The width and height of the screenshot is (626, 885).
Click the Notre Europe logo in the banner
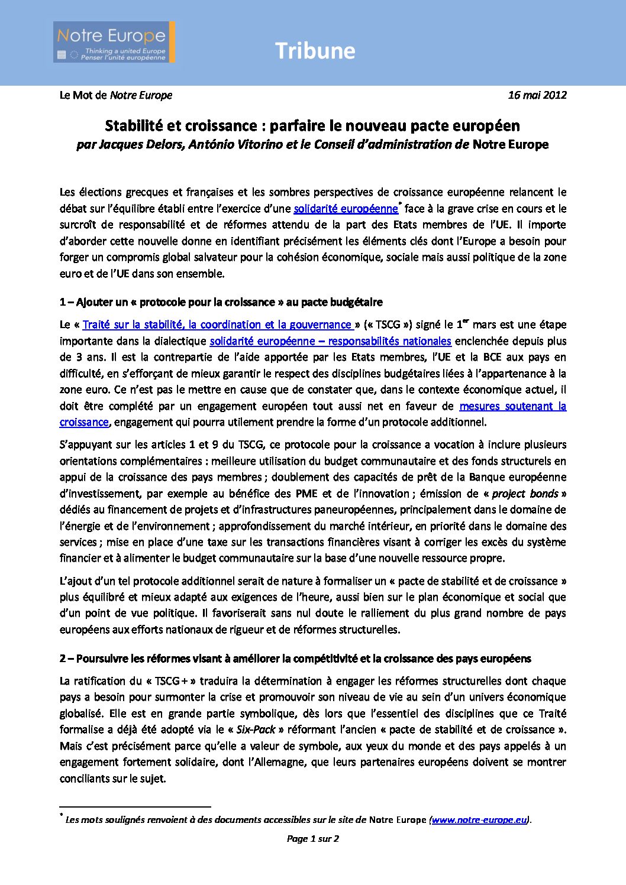114,42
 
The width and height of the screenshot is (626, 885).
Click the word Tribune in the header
315,51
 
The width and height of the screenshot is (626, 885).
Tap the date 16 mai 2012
537,95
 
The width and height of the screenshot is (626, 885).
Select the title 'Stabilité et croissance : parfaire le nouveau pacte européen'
312,126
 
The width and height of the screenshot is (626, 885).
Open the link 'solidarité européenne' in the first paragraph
346,209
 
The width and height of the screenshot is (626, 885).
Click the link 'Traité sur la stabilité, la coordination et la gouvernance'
217,325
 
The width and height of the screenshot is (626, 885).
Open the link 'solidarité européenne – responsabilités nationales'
330,341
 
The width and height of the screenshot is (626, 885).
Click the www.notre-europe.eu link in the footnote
479,820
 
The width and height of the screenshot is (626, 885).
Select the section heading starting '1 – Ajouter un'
221,302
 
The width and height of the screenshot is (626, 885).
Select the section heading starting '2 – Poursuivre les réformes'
295,659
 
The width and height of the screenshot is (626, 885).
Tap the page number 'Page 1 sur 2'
312,838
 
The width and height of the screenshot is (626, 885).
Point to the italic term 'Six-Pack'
256,730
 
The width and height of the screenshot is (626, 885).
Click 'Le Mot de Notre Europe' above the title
116,95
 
